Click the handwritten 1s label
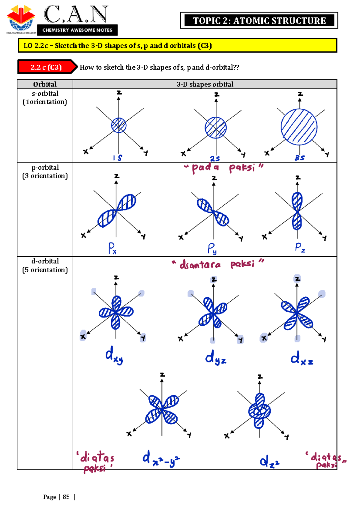click(x=117, y=158)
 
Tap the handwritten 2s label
click(x=215, y=158)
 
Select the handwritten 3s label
click(x=300, y=158)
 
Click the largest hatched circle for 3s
click(x=299, y=127)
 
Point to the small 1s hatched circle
click(x=118, y=125)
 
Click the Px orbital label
click(x=112, y=248)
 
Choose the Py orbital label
click(x=212, y=248)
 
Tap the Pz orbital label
click(x=300, y=248)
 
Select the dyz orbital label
click(x=215, y=357)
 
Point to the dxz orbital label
click(x=302, y=358)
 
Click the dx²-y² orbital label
click(x=161, y=458)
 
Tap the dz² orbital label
click(x=270, y=461)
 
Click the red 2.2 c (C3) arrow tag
click(x=47, y=67)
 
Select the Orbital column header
click(x=45, y=84)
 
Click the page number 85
click(x=66, y=497)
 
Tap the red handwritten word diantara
click(x=200, y=264)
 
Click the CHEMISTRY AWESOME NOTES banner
click(x=77, y=30)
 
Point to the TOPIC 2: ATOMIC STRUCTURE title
click(x=259, y=21)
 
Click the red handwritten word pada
click(x=205, y=168)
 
